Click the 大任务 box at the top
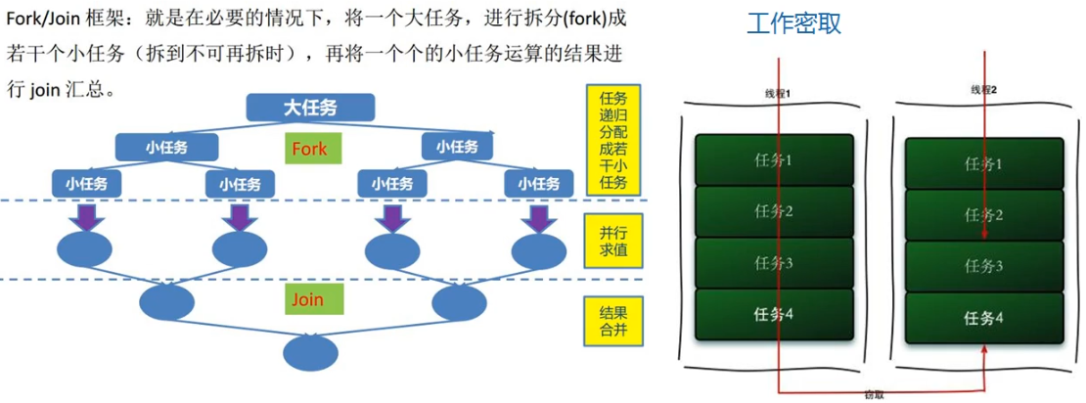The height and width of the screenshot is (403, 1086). click(x=310, y=107)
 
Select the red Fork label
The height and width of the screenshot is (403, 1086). click(x=308, y=150)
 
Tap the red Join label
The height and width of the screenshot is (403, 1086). click(x=306, y=297)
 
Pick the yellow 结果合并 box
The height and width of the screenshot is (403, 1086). click(x=613, y=323)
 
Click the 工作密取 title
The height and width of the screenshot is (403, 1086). click(x=793, y=24)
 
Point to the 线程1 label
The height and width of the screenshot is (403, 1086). click(x=777, y=93)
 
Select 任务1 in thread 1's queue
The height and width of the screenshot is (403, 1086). click(x=774, y=159)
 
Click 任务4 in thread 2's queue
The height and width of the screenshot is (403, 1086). click(x=984, y=317)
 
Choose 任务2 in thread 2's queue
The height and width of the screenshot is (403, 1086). click(x=984, y=215)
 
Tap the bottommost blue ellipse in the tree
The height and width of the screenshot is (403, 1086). click(x=310, y=349)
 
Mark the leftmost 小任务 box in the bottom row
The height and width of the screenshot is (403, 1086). click(x=86, y=183)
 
